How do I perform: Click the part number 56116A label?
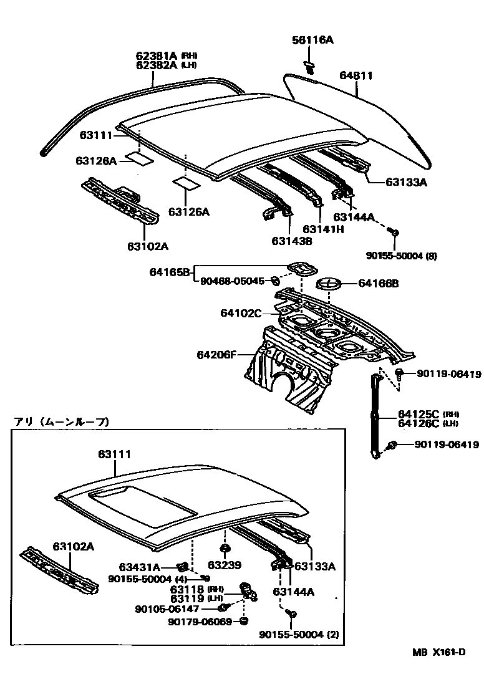[312, 41]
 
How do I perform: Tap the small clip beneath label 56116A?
[309, 66]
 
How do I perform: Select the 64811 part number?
[356, 75]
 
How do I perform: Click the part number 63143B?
[291, 241]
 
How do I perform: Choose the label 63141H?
[323, 229]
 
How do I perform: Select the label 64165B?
[169, 272]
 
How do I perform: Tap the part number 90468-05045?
[232, 281]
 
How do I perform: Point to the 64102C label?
[240, 313]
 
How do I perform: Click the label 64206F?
[216, 355]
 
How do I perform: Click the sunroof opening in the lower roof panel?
[143, 499]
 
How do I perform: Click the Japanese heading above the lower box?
[61, 422]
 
